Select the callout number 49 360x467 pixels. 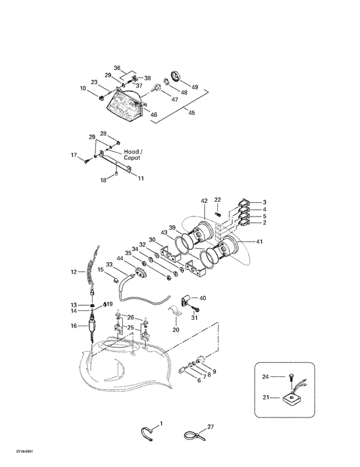195,87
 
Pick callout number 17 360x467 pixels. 75,155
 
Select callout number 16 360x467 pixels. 74,326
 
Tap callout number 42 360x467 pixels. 204,202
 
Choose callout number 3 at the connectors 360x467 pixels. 264,202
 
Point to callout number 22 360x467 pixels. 218,200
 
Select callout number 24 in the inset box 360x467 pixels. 264,378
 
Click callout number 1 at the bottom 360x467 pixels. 161,424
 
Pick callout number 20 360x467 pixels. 175,330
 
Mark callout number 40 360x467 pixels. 203,298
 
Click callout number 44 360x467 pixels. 120,258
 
